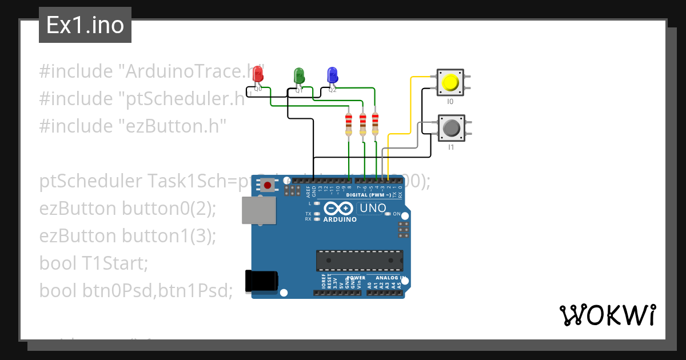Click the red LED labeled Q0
tap(258, 74)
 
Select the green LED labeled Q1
tap(298, 75)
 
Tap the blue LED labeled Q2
tap(332, 75)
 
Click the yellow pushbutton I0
tap(450, 83)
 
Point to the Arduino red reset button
tap(267, 185)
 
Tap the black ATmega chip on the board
tap(360, 260)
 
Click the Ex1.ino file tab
tap(85, 25)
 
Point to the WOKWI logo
tap(607, 315)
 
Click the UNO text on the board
tap(373, 209)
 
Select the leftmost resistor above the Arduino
tap(349, 124)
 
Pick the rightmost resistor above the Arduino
tap(375, 124)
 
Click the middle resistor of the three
tap(362, 124)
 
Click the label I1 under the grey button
tap(451, 147)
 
